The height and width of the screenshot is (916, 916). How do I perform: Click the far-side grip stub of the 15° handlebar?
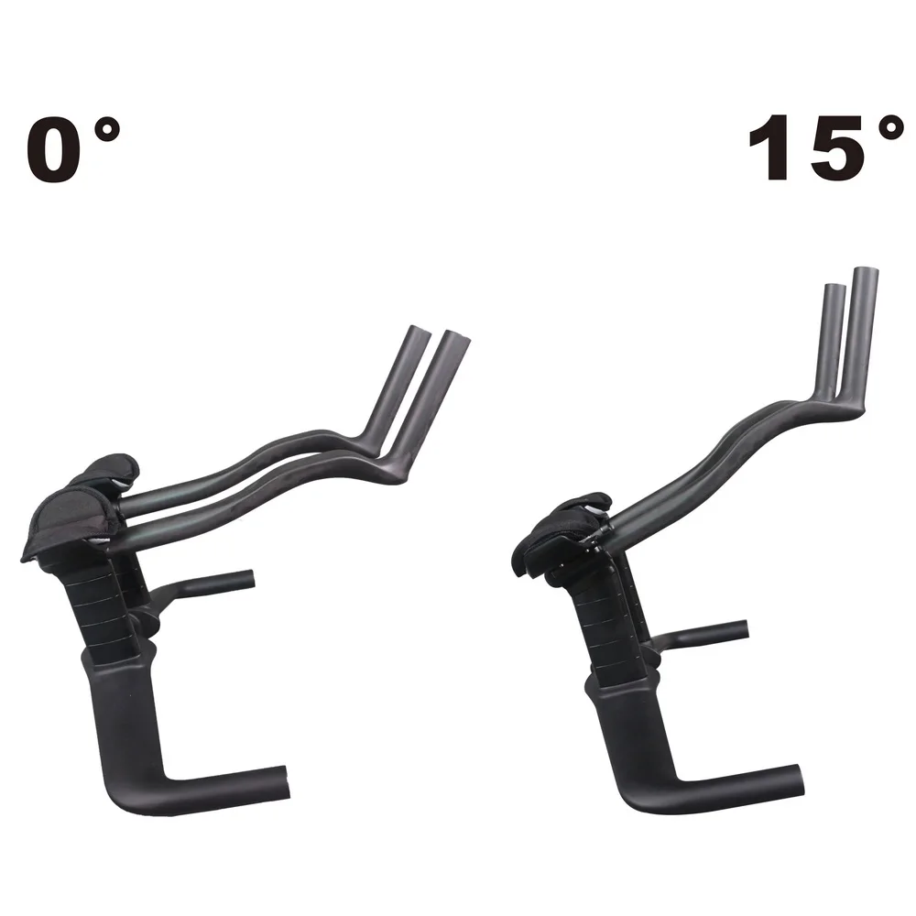tap(733, 629)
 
